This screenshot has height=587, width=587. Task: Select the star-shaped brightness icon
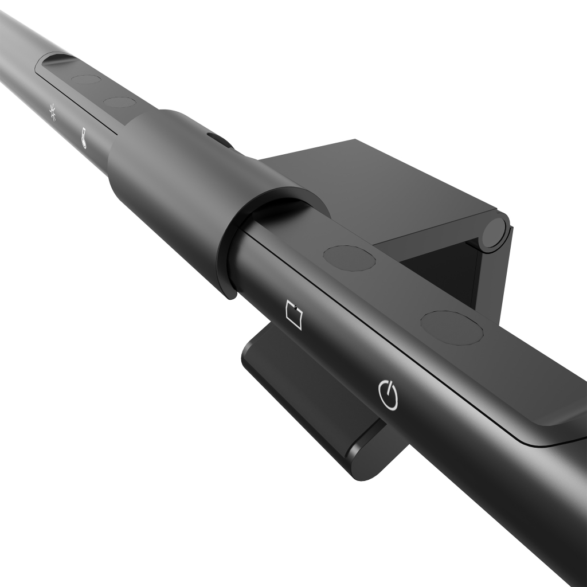[x=53, y=113]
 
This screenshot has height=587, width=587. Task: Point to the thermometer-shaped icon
[x=84, y=138]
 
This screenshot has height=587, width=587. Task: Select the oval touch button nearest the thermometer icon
[x=120, y=103]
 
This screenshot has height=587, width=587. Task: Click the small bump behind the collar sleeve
[x=218, y=139]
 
